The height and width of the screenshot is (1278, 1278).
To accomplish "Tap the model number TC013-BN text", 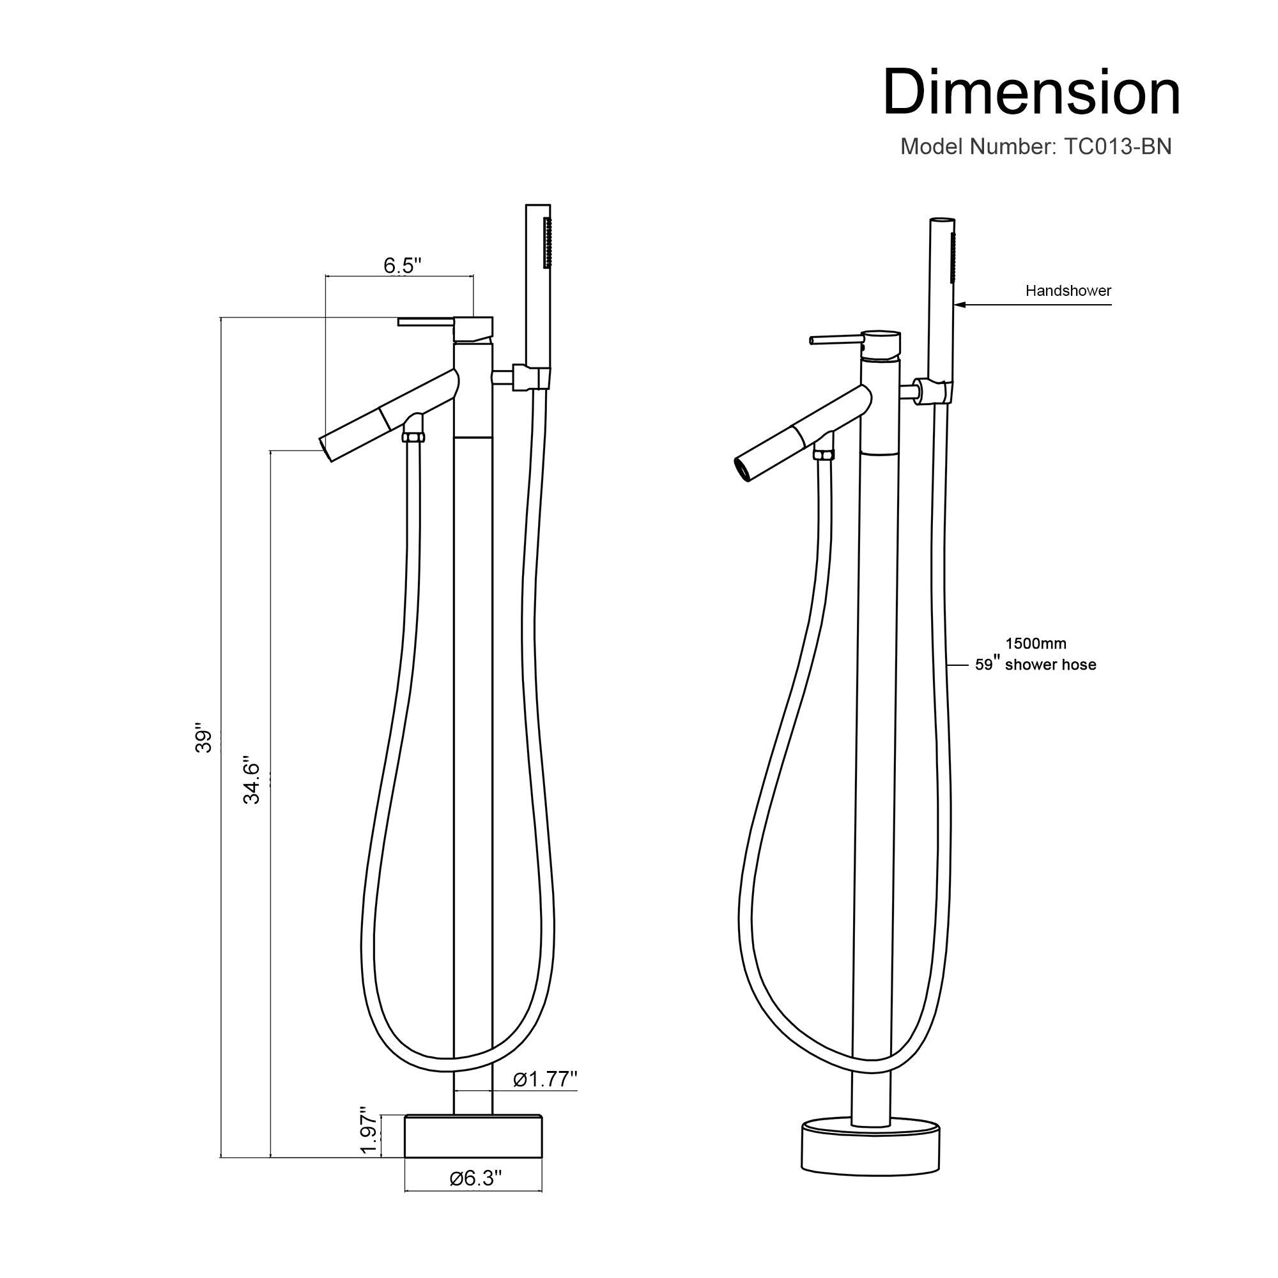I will [1035, 147].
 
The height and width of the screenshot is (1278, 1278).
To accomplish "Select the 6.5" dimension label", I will [402, 265].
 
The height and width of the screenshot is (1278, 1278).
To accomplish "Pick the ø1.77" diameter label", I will [545, 1079].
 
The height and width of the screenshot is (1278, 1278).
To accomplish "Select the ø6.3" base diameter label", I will [475, 1178].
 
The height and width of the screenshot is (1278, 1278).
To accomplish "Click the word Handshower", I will [1068, 290].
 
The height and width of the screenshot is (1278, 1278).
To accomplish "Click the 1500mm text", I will [1036, 643].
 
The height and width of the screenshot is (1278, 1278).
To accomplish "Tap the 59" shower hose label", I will [1035, 665].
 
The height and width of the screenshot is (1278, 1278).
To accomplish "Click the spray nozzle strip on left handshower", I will [547, 243].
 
